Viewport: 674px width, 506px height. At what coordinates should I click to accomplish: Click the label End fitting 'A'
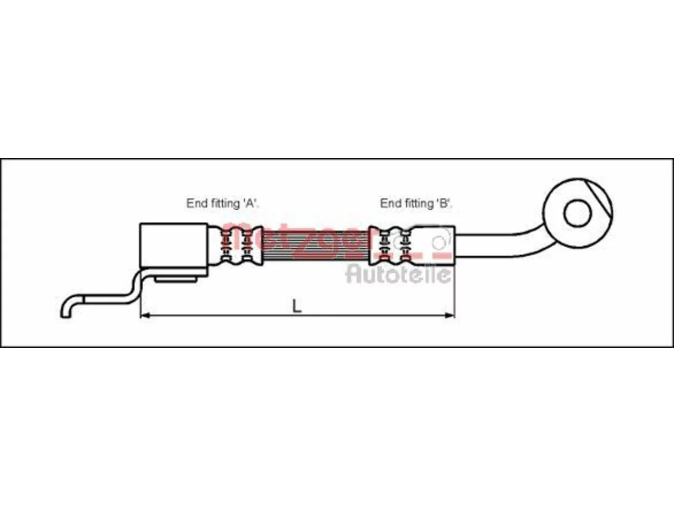pyautogui.click(x=223, y=203)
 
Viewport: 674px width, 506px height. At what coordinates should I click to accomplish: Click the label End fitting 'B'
pyautogui.click(x=416, y=203)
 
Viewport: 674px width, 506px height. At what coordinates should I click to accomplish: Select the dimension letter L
pyautogui.click(x=296, y=306)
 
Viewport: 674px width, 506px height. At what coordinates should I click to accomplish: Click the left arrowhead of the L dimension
pyautogui.click(x=145, y=315)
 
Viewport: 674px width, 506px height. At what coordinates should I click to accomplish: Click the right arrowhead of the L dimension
pyautogui.click(x=450, y=315)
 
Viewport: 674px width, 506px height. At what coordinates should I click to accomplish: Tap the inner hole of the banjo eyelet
pyautogui.click(x=578, y=213)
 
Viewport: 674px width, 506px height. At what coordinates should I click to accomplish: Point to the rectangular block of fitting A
pyautogui.click(x=174, y=245)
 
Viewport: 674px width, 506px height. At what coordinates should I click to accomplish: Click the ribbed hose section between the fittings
pyautogui.click(x=315, y=246)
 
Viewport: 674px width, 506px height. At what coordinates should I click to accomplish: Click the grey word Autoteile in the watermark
pyautogui.click(x=399, y=275)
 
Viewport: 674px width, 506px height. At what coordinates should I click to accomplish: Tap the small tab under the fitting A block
pyautogui.click(x=175, y=279)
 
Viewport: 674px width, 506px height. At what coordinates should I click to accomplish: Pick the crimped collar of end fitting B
pyautogui.click(x=391, y=246)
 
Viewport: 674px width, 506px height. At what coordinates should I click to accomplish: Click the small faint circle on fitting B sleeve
pyautogui.click(x=439, y=242)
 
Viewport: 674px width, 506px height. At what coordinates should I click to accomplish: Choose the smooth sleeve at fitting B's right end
pyautogui.click(x=435, y=246)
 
